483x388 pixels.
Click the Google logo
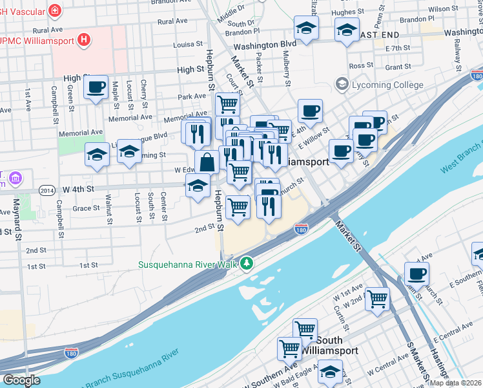(21, 380)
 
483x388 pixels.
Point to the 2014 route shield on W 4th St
(46, 189)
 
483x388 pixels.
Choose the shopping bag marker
(207, 162)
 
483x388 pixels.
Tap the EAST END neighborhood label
(377, 34)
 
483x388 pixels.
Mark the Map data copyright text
(455, 383)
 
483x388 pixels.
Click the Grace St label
(86, 208)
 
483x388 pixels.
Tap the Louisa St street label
(188, 45)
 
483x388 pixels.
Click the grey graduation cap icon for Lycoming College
(341, 85)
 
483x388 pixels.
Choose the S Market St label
(418, 363)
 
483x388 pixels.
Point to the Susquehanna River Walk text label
(187, 264)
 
